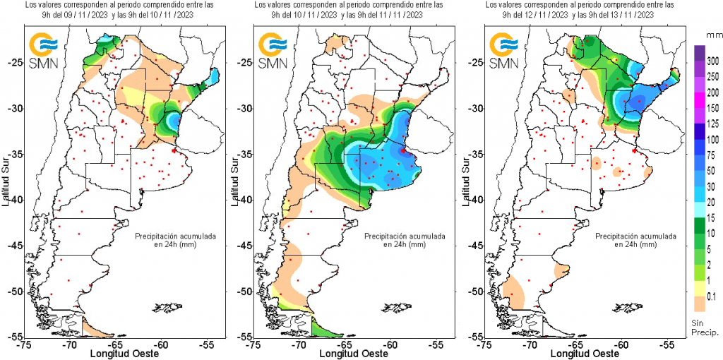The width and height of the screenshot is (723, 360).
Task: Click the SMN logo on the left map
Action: point(44,52)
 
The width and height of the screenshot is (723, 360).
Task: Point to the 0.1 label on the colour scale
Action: point(712,296)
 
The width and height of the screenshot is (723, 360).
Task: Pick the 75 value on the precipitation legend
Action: point(712,155)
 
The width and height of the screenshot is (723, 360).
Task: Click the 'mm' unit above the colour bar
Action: point(712,33)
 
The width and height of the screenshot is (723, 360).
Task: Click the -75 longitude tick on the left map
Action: point(25,345)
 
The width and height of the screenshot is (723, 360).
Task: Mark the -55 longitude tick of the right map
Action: point(667,345)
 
